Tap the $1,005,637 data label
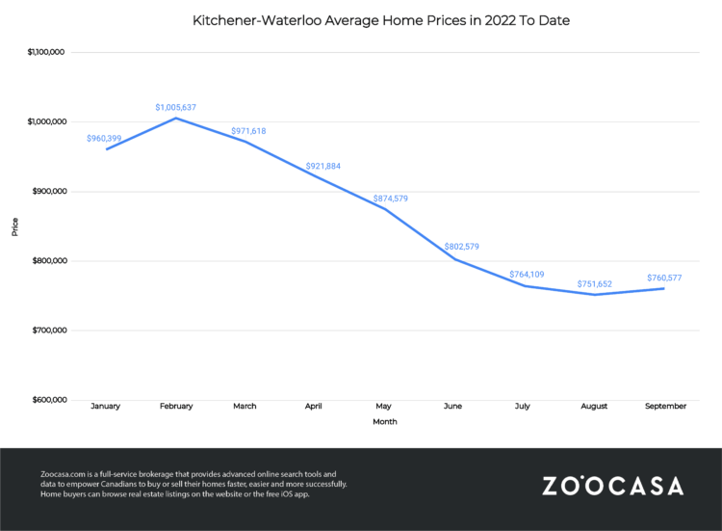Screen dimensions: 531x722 (175, 107)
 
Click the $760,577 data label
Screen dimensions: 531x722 (665, 279)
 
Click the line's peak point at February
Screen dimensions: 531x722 (175, 118)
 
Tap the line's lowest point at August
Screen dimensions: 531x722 (595, 294)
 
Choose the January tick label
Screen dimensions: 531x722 (105, 406)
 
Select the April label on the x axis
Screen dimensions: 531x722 (315, 406)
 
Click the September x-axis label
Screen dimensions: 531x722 (664, 406)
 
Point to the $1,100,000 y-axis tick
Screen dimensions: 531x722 (44, 52)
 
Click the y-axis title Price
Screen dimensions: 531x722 (14, 226)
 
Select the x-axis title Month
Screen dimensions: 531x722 (384, 421)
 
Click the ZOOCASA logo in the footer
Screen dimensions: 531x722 (612, 485)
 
